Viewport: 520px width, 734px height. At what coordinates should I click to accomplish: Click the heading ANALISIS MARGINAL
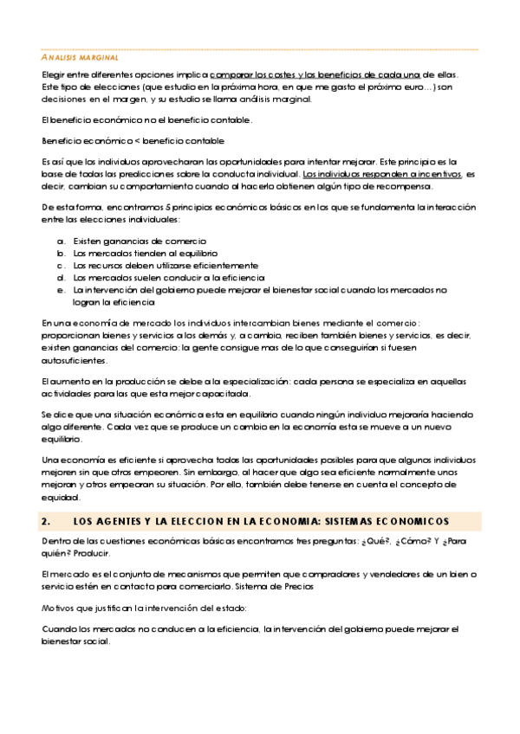pos(81,56)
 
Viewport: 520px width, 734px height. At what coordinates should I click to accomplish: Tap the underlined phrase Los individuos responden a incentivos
pos(382,174)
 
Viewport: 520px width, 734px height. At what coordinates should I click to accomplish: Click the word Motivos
pos(60,608)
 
